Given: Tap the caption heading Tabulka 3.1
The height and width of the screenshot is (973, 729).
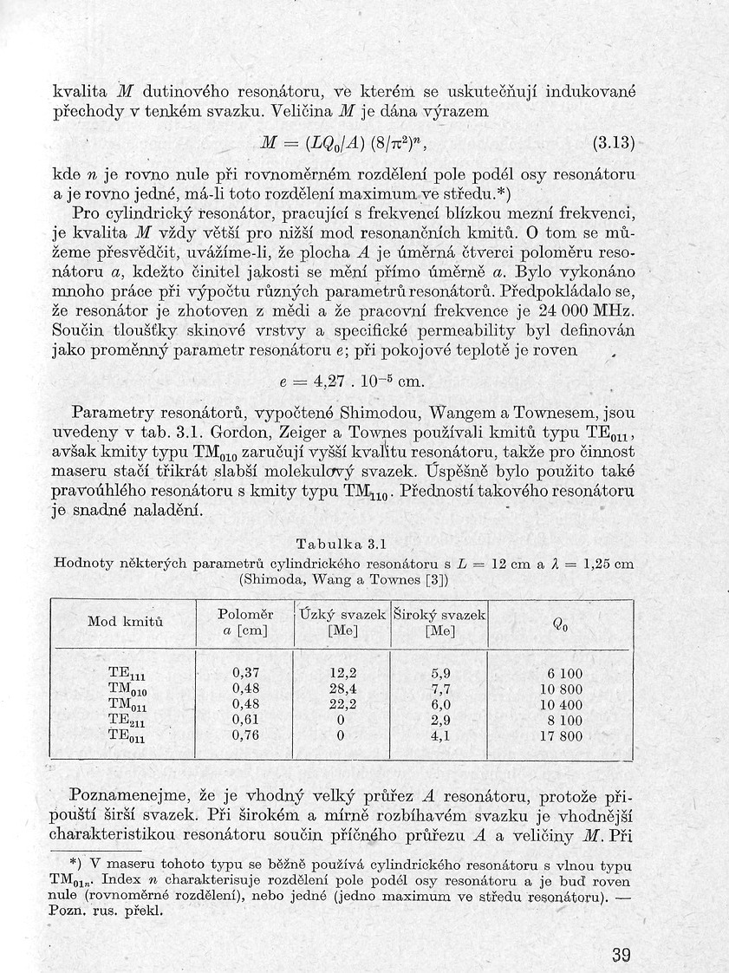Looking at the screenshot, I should coord(340,545).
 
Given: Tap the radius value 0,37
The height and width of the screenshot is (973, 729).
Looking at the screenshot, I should coord(246,673).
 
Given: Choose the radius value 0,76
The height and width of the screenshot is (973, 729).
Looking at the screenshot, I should coord(246,737).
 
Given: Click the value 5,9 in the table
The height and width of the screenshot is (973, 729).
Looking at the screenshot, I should coord(440,673).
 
